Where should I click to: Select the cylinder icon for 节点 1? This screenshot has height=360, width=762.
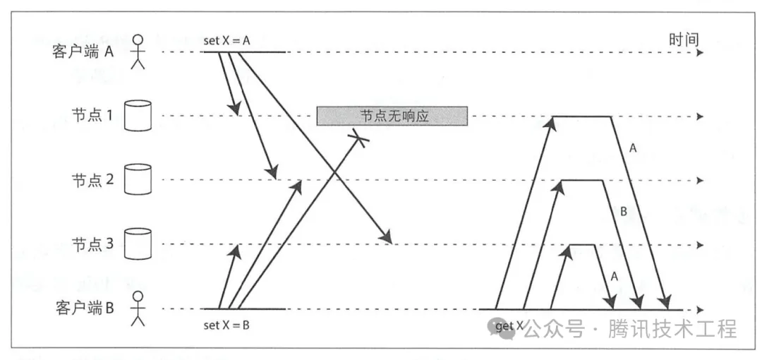138,116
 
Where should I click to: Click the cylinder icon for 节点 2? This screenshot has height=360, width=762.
138,180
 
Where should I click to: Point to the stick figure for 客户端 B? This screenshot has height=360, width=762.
138,308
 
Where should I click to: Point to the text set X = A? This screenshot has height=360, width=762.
227,40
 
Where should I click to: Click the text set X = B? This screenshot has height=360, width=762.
226,325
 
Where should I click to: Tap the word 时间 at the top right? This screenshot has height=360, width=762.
683,40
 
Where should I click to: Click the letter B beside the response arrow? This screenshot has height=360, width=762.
622,211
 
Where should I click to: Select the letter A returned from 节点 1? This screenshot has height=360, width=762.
631,148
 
